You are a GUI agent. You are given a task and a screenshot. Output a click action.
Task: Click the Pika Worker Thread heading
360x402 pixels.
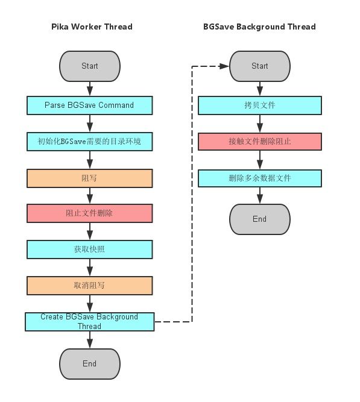coord(92,27)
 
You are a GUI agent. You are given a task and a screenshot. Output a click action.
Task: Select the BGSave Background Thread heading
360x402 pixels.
coord(259,27)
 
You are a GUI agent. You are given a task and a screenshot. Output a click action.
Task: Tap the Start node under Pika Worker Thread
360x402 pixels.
coord(90,66)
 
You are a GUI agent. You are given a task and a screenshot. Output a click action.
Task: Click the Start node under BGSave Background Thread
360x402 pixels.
coord(260,66)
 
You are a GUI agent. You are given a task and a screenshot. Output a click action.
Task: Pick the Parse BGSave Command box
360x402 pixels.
coord(90,105)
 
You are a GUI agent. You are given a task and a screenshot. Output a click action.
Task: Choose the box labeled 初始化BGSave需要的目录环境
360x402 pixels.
coord(90,142)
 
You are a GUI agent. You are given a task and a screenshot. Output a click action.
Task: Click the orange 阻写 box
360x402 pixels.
coord(90,178)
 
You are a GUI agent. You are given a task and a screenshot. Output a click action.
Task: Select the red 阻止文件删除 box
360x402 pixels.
coord(90,213)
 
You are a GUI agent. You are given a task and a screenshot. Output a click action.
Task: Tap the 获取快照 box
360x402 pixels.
coord(90,250)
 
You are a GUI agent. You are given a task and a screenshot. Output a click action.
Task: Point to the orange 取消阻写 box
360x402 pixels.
coord(90,286)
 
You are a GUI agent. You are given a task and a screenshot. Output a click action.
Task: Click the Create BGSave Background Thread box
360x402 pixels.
coord(90,322)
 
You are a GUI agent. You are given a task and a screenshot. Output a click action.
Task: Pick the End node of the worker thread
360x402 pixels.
coord(90,364)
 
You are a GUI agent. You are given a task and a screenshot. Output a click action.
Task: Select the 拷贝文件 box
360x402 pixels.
coord(260,105)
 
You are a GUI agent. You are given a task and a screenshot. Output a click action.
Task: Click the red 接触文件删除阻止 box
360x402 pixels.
coord(260,142)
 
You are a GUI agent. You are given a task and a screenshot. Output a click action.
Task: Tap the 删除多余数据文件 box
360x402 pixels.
coord(260,178)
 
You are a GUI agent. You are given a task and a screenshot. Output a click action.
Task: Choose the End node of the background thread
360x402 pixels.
coord(260,219)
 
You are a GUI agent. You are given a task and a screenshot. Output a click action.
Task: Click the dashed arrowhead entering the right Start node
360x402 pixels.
coord(224,66)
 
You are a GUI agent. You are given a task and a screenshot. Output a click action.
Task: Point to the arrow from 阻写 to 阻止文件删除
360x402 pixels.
coord(90,196)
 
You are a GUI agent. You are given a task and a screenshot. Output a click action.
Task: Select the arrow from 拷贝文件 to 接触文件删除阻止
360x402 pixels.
coord(260,124)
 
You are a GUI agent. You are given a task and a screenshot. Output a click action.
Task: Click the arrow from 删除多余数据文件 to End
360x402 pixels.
coord(260,195)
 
